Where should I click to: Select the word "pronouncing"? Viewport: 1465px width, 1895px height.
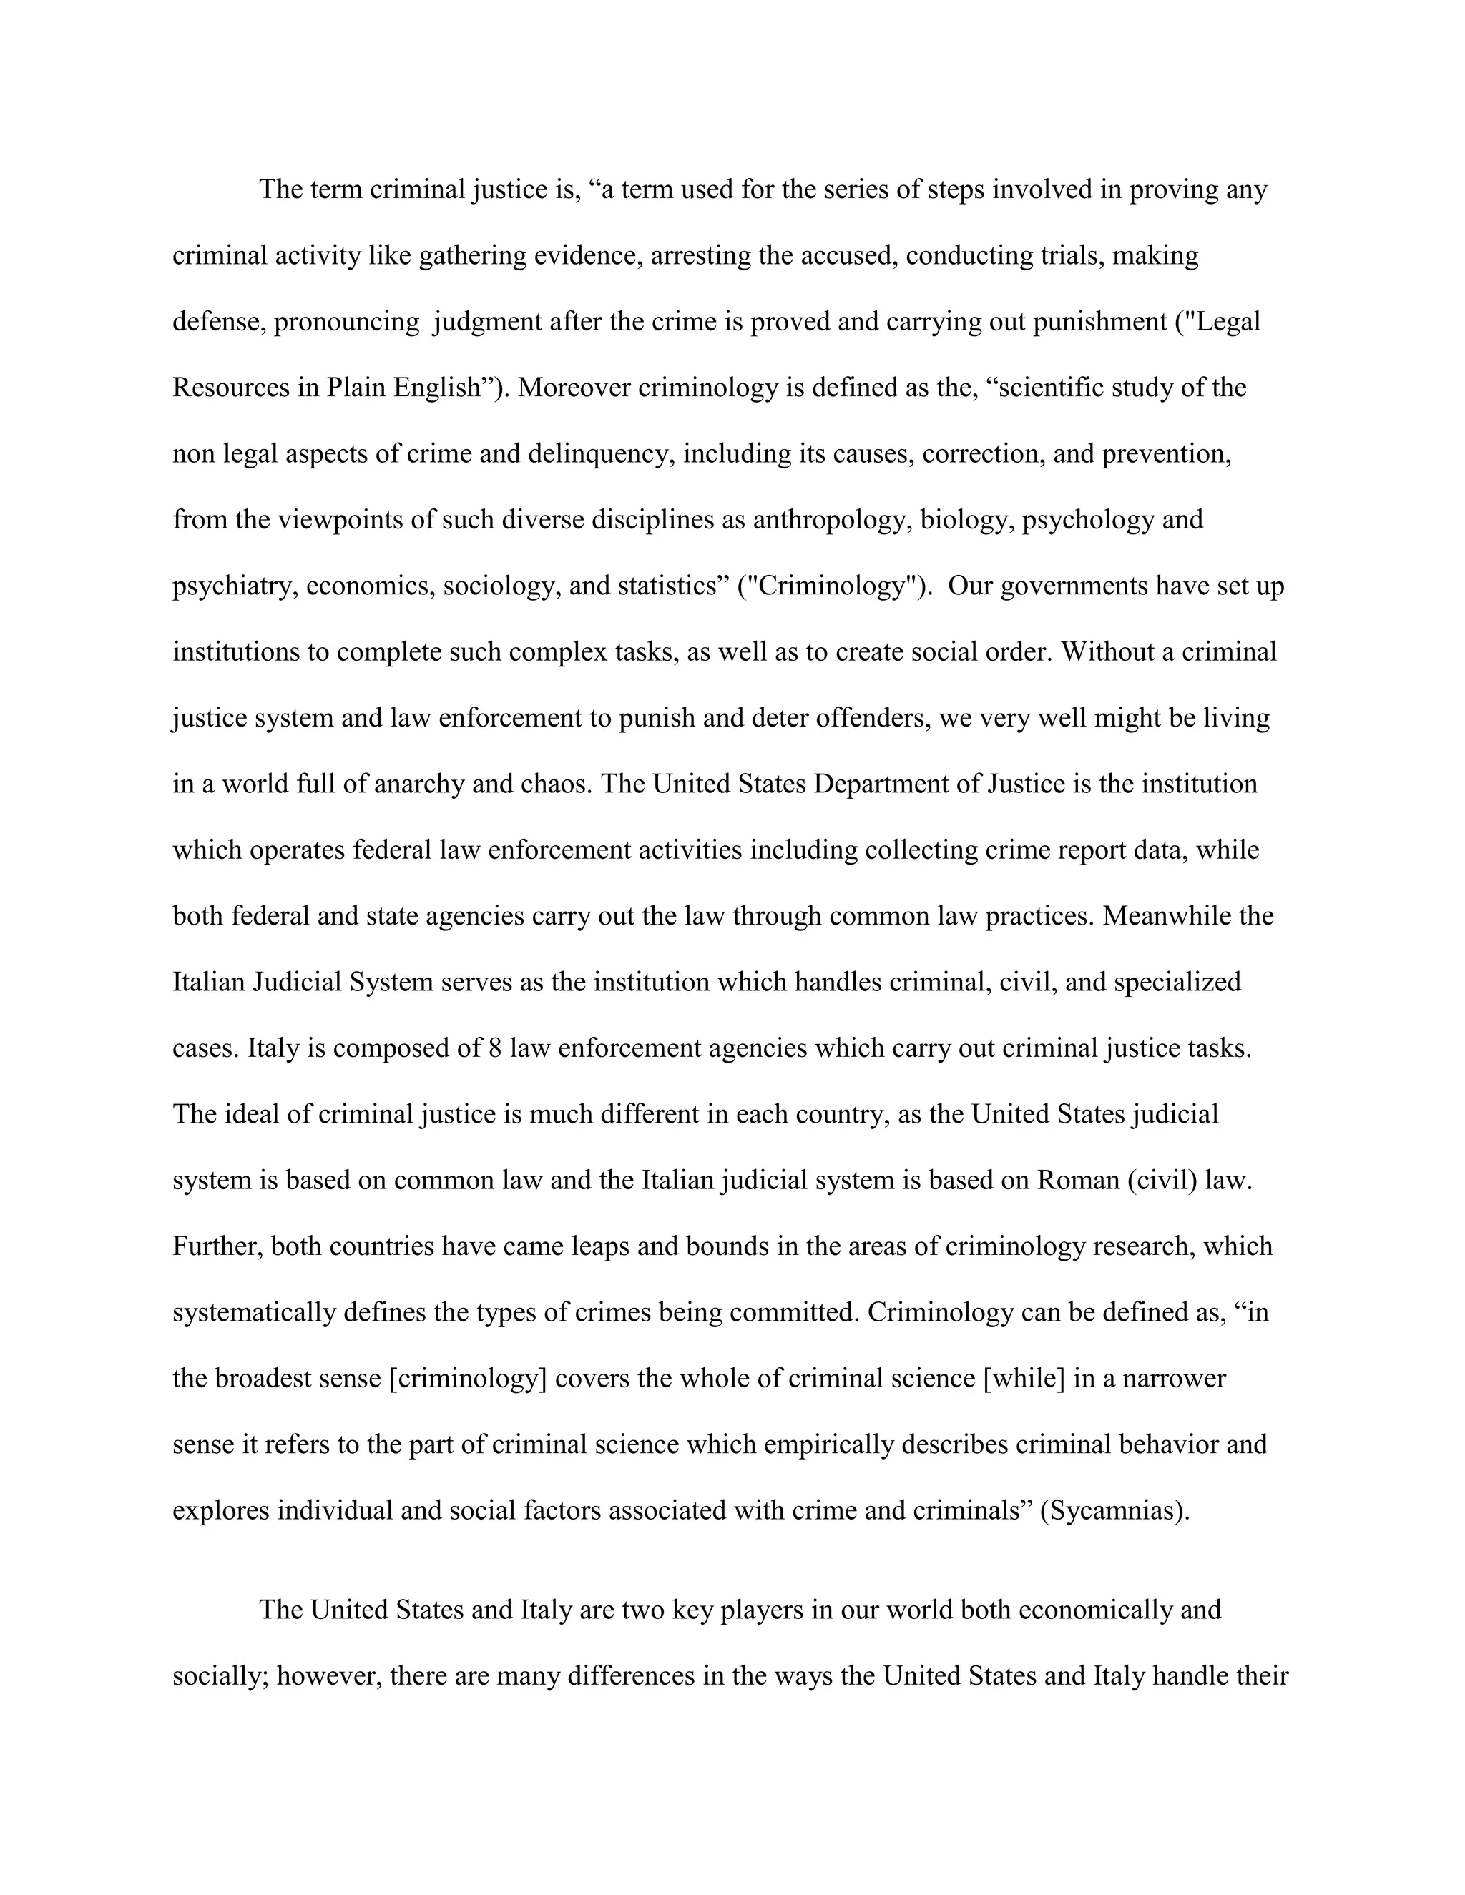tap(346, 322)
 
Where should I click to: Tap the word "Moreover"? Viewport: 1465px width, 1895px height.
tap(574, 387)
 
